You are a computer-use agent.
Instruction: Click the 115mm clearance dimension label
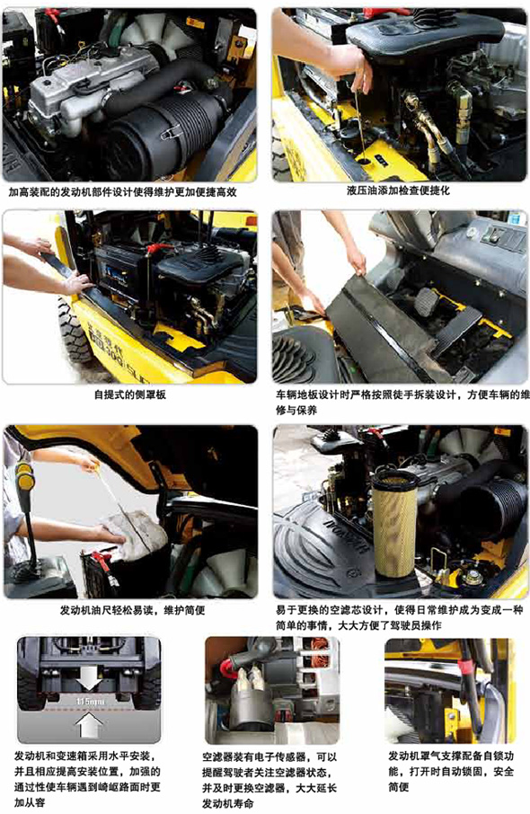click(91, 702)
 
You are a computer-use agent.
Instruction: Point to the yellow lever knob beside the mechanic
click(24, 474)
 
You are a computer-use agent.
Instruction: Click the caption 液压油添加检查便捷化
click(398, 190)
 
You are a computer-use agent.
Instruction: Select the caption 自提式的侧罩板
click(129, 394)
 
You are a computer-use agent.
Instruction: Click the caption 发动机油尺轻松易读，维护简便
click(132, 610)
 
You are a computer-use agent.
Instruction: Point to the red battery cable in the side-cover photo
click(155, 249)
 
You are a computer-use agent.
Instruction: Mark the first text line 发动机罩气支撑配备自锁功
click(451, 756)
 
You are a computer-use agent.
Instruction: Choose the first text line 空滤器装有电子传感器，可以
click(269, 756)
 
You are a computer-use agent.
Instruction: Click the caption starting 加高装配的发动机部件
click(122, 191)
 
